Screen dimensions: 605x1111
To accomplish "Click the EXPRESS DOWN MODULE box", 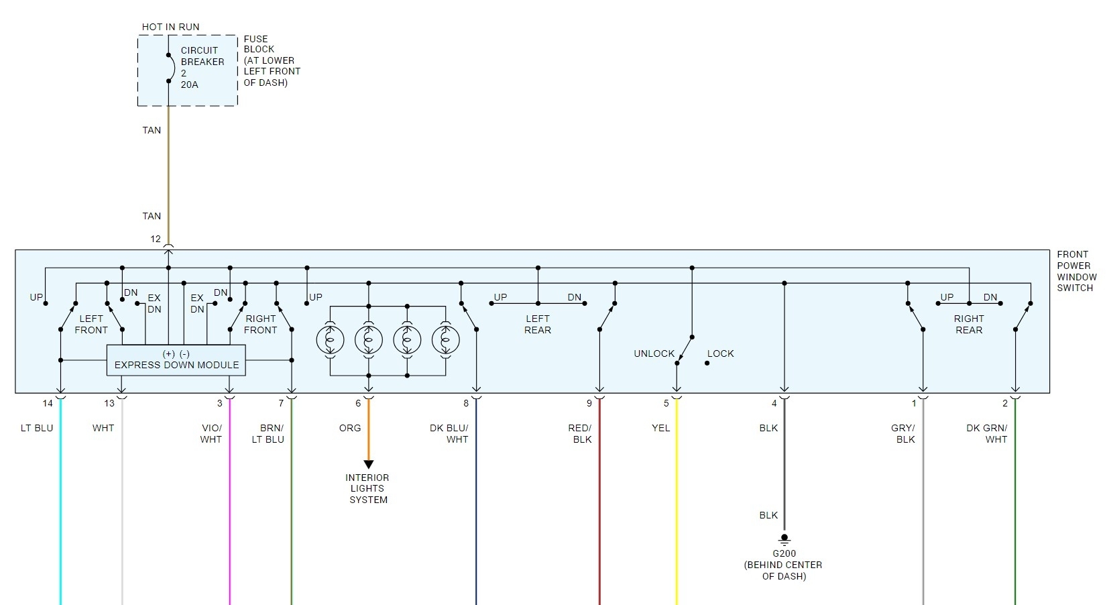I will click(176, 360).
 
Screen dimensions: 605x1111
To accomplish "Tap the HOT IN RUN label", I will click(170, 27).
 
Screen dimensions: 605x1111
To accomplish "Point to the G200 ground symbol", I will click(784, 539).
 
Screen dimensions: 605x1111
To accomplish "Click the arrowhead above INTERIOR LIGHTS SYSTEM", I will click(368, 464).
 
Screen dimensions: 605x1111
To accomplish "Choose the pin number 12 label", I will click(156, 239).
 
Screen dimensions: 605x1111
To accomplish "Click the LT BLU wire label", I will click(37, 428).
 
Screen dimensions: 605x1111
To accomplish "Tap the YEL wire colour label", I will click(660, 428).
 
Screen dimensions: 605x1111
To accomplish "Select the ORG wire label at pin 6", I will click(350, 428).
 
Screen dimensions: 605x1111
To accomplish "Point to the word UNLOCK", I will click(654, 353).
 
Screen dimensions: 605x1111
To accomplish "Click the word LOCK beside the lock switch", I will click(720, 353).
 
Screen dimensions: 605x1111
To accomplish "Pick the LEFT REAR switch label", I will click(537, 324).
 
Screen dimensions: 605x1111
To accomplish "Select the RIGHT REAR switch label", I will click(968, 324).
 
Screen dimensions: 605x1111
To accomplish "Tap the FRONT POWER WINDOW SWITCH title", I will click(1076, 271).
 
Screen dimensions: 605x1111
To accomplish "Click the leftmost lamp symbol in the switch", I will click(330, 341).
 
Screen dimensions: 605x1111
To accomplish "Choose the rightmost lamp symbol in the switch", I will click(446, 341).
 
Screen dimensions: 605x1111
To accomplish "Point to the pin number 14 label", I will click(48, 403).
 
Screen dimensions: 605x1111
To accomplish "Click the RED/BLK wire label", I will click(580, 433).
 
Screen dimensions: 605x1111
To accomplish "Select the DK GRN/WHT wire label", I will click(987, 433).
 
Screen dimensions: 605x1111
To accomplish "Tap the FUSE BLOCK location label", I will click(271, 60).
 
